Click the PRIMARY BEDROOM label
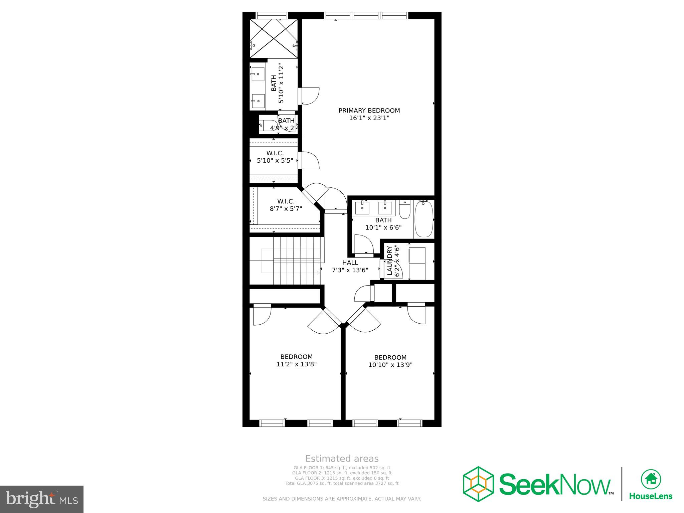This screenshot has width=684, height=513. (369, 111)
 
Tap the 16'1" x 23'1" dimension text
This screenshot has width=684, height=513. (369, 118)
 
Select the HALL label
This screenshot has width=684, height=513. (350, 263)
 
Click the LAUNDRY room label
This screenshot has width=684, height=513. (389, 261)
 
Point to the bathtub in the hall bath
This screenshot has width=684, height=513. (424, 219)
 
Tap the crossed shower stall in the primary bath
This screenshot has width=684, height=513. (274, 39)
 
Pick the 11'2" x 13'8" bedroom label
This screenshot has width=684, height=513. (297, 361)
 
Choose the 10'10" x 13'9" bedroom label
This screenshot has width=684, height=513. (390, 361)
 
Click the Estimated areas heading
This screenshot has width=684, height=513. (342, 459)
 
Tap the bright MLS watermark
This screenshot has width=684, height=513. (42, 499)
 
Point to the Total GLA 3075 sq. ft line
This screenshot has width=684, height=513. (342, 483)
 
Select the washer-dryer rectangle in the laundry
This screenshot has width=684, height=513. (417, 264)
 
